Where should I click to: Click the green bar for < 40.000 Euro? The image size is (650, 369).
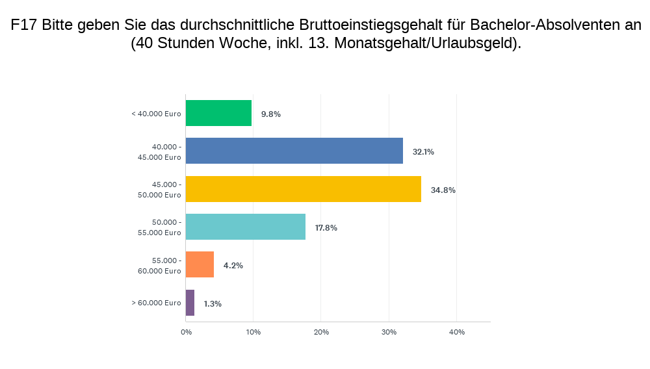tap(218, 113)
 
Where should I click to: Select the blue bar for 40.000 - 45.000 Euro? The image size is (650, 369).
tap(294, 151)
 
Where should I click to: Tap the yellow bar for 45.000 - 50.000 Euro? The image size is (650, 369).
tap(303, 189)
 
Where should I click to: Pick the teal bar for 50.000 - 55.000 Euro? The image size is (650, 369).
tap(245, 227)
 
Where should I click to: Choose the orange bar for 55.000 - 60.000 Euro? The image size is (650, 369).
tap(200, 264)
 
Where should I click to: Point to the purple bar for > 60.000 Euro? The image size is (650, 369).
tap(190, 303)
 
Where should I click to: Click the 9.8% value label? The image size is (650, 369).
tap(270, 114)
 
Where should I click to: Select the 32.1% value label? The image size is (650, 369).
tap(422, 152)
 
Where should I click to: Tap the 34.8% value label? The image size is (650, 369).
tap(443, 190)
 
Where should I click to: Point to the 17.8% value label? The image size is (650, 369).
tap(326, 227)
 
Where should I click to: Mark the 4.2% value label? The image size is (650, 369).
tap(233, 265)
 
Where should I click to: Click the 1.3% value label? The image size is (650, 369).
tap(213, 303)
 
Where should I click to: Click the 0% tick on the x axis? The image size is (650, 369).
tap(186, 332)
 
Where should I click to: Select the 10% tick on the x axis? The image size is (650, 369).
tap(253, 332)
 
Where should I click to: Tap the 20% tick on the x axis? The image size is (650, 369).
tap(321, 332)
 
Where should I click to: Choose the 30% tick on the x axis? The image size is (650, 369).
tap(389, 332)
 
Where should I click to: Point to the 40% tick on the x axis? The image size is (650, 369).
tap(456, 332)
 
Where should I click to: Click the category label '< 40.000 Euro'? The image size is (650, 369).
tap(156, 114)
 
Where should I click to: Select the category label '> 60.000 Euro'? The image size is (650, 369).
tap(156, 303)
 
